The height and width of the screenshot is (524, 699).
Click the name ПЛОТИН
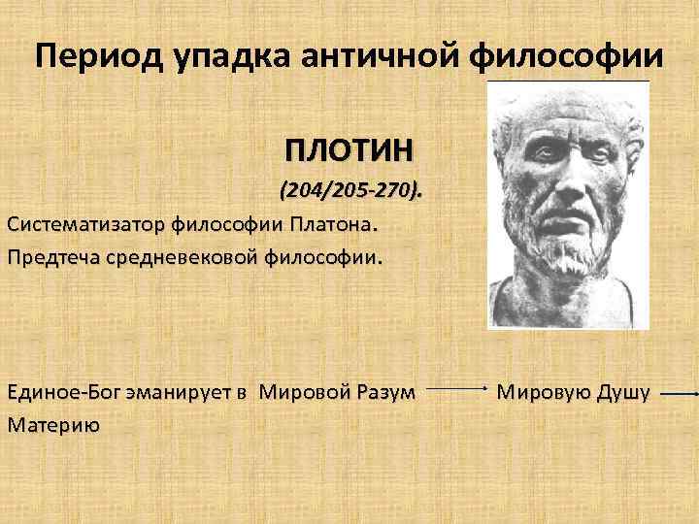pyautogui.click(x=349, y=152)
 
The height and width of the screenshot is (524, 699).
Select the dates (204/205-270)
pyautogui.click(x=350, y=191)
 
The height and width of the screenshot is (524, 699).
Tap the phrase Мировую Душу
pyautogui.click(x=573, y=393)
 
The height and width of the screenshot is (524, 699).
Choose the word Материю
pyautogui.click(x=52, y=425)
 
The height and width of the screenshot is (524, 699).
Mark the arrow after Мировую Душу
pyautogui.click(x=678, y=394)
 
